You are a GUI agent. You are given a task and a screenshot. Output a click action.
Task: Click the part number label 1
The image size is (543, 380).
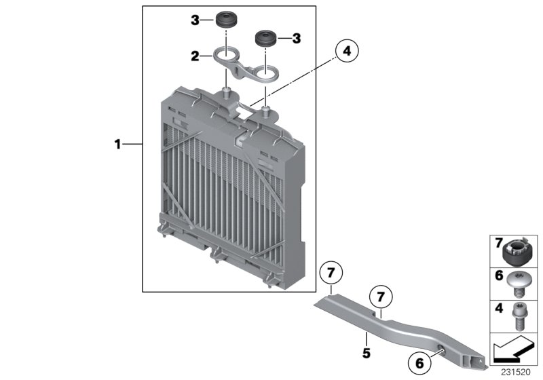pyautogui.click(x=117, y=144)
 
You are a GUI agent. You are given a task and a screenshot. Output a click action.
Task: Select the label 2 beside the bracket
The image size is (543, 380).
pyautogui.click(x=195, y=56)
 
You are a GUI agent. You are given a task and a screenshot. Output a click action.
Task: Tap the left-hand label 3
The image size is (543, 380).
pyautogui.click(x=195, y=21)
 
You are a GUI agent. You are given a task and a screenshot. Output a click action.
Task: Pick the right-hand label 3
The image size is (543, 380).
pyautogui.click(x=296, y=40)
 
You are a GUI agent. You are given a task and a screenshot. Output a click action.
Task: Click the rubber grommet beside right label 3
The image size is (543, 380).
pyautogui.click(x=265, y=38)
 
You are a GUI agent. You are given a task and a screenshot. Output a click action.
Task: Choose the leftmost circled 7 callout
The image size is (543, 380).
pyautogui.click(x=331, y=274)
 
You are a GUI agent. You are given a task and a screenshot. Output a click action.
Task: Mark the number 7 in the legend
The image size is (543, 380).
pyautogui.click(x=498, y=242)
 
